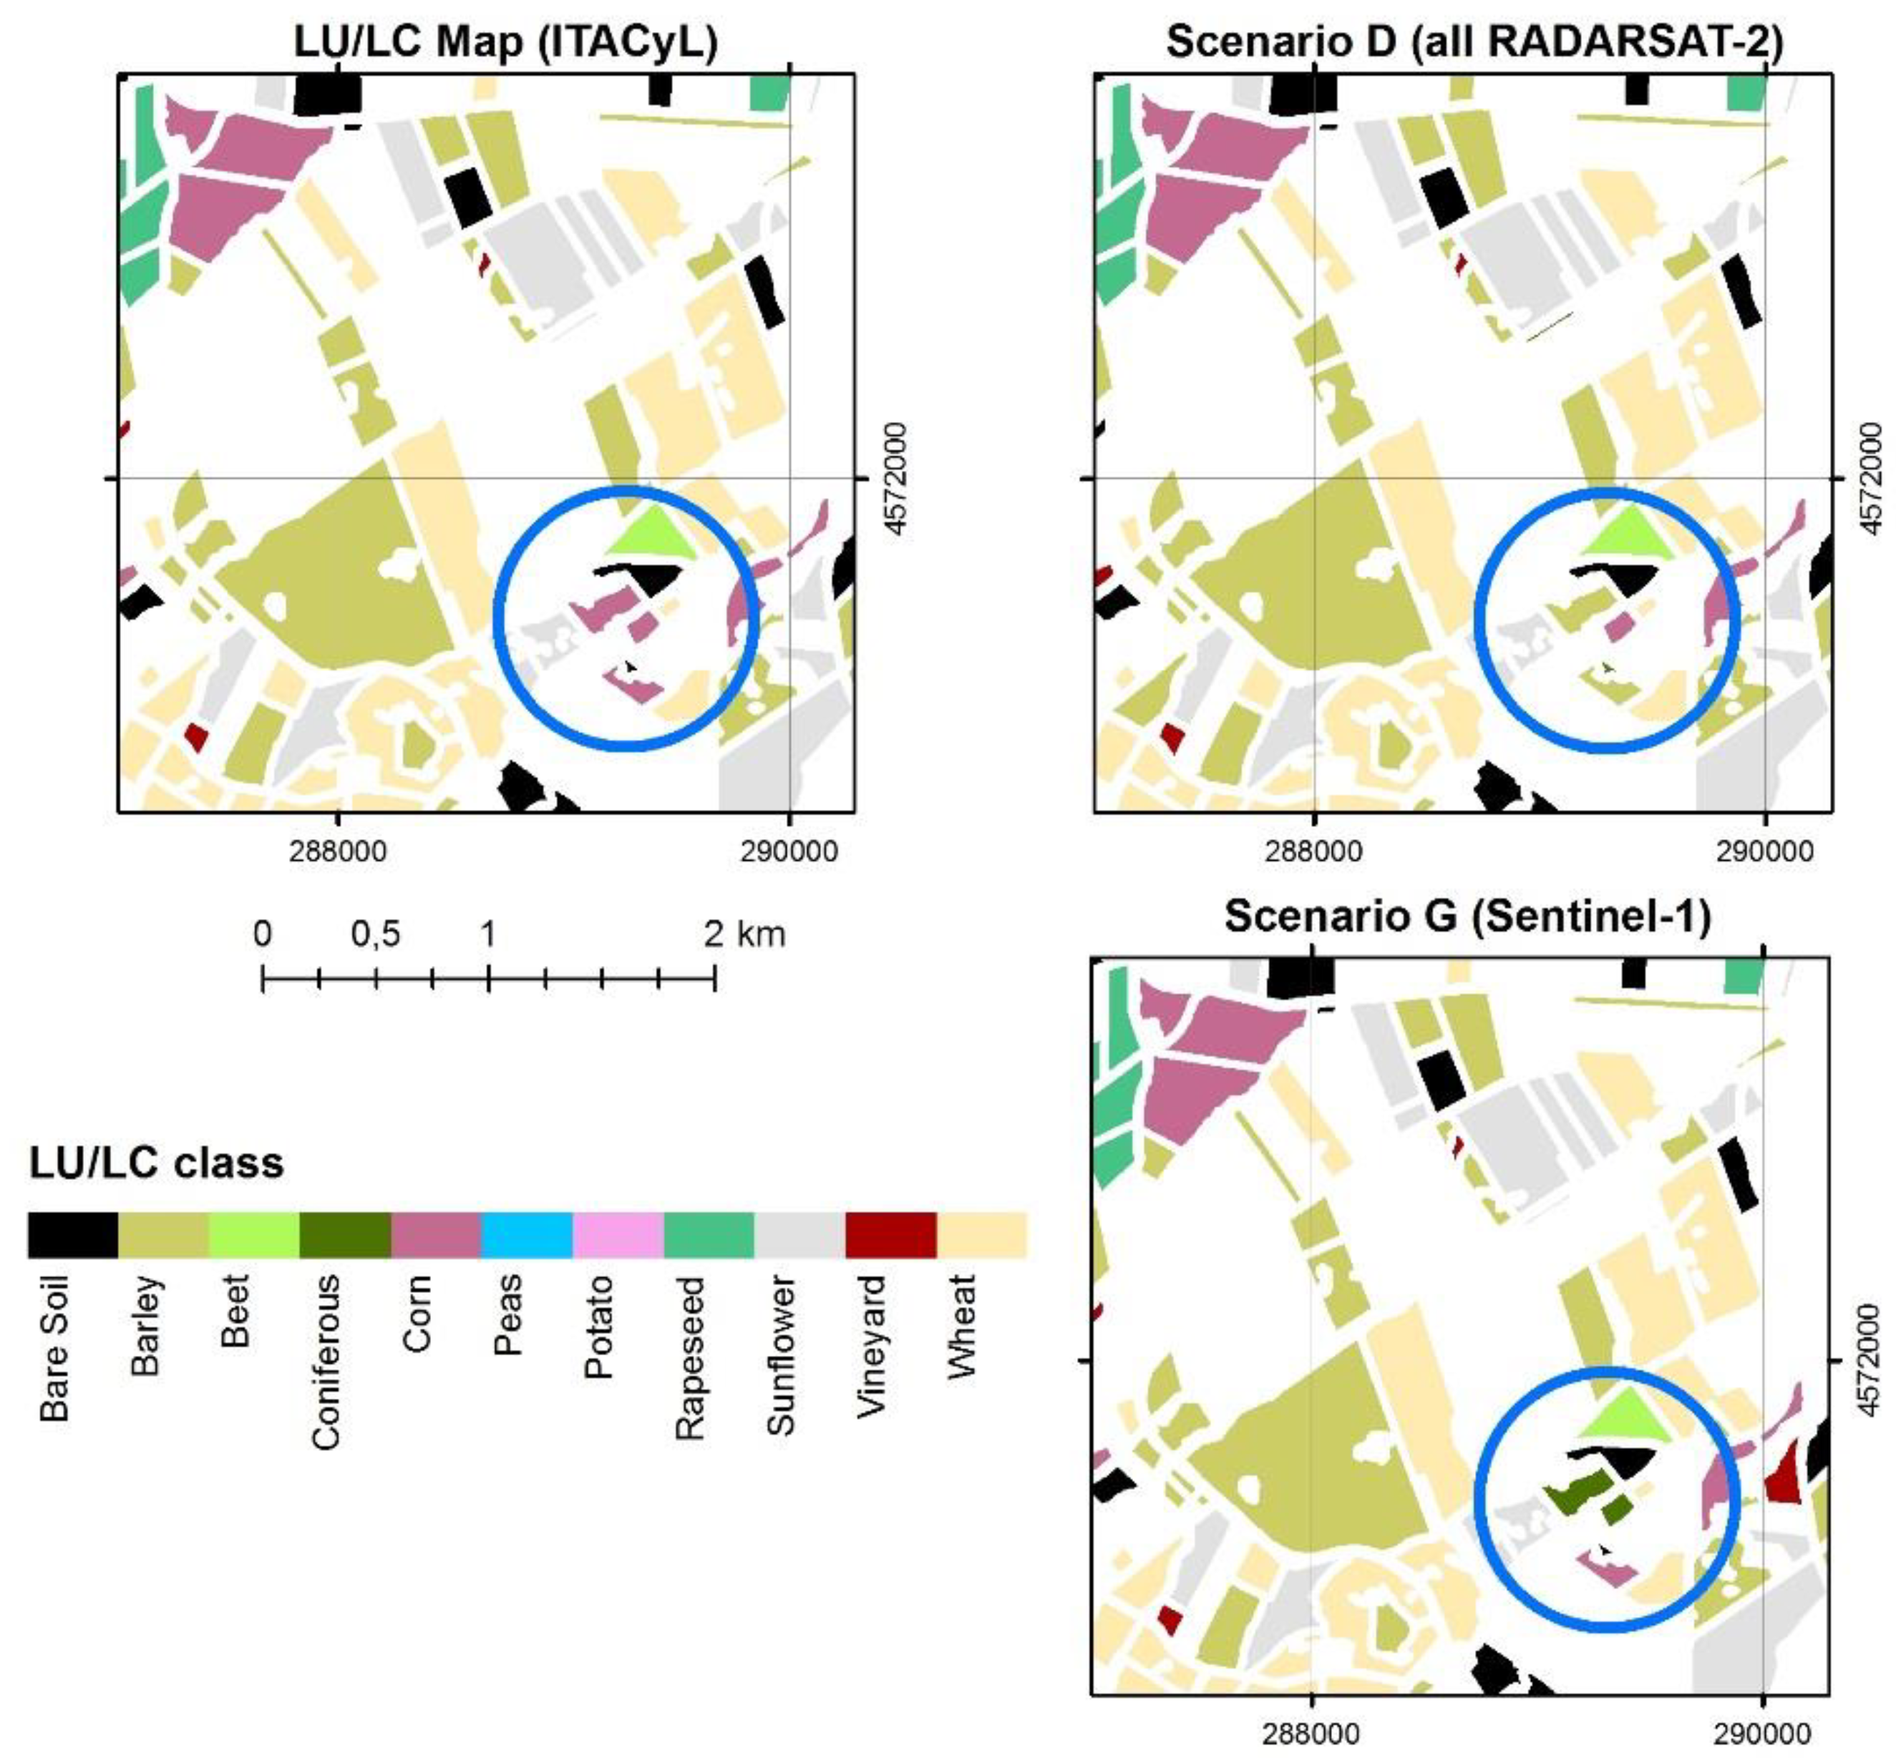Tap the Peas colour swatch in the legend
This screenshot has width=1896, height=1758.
[526, 1235]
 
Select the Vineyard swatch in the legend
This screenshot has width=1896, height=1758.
[890, 1235]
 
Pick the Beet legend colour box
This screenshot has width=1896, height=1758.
[253, 1235]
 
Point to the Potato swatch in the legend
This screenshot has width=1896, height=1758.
[617, 1235]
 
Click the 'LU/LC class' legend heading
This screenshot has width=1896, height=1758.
[156, 1163]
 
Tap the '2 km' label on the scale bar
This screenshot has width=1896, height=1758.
[744, 934]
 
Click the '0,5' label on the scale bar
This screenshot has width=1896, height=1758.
[375, 934]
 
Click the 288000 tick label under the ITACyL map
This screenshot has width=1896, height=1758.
[338, 849]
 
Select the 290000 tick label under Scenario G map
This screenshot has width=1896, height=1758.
[1764, 1733]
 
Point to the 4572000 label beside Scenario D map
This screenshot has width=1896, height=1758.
[1870, 479]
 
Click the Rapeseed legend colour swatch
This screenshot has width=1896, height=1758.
[708, 1235]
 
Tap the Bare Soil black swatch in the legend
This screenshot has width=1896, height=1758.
[72, 1235]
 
